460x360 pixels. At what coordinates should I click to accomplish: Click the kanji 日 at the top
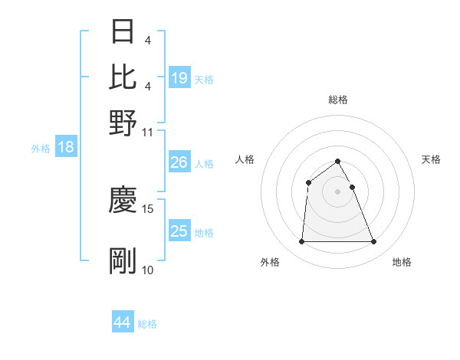123,33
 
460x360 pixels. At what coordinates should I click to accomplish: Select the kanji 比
123,76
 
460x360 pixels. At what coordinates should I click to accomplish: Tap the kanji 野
123,120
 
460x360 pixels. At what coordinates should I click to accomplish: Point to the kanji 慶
123,200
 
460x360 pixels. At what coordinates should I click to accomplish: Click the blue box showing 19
179,77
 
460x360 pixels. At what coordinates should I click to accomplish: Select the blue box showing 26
179,162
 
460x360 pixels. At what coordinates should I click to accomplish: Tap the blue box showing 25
179,231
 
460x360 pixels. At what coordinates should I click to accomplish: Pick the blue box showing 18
66,148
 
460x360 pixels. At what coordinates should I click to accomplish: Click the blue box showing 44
123,322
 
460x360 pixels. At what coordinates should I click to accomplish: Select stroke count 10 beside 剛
148,270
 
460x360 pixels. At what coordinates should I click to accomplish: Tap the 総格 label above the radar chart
338,100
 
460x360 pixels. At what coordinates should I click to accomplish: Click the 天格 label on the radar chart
431,159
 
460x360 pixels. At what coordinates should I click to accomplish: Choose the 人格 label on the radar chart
245,159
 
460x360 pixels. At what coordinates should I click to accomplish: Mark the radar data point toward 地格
373,242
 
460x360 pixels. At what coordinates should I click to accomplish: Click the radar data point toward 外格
301,242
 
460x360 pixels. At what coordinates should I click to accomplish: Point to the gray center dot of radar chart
338,191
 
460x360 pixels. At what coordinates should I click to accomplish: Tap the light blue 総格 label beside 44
148,324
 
